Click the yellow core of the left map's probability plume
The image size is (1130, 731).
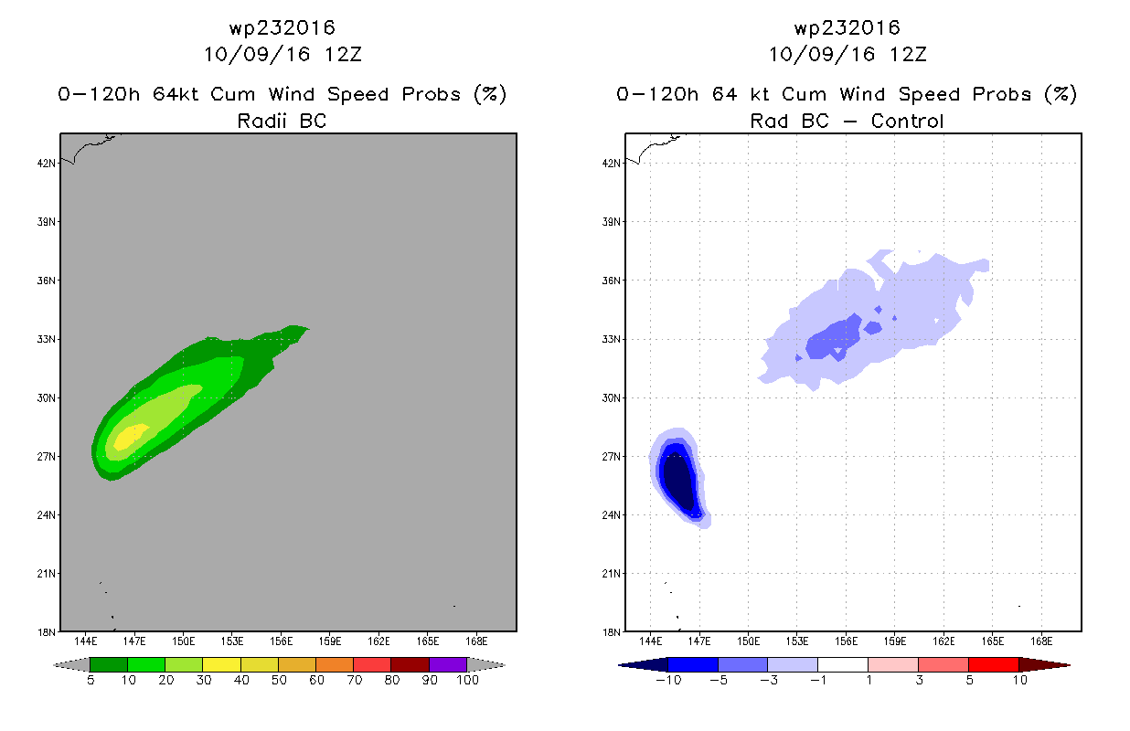130,437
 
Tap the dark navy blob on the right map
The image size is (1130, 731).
678,482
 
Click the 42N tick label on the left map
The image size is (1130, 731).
47,164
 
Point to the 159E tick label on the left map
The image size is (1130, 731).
330,641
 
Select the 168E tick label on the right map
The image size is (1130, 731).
1041,641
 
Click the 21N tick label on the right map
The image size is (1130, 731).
612,574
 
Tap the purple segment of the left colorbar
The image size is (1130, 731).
448,664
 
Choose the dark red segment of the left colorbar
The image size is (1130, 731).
410,664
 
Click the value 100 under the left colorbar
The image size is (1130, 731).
468,680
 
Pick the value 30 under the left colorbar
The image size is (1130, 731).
203,680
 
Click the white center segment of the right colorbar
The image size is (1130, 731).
843,664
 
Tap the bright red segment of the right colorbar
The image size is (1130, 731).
994,664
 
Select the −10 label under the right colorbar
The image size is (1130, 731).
668,680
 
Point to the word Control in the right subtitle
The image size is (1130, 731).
907,121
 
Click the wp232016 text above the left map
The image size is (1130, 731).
282,27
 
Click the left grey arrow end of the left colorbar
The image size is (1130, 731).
71,664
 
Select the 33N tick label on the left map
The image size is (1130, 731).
47,339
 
